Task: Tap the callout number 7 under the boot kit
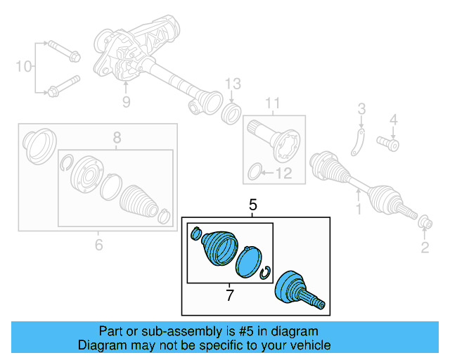pos(229,295)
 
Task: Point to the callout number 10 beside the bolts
pos(24,67)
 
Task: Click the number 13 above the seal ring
pos(233,86)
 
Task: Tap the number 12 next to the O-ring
pos(284,173)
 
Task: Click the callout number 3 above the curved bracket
pos(361,109)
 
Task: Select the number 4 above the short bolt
pos(394,119)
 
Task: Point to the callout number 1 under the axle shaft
pos(359,209)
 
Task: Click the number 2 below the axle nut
pos(424,246)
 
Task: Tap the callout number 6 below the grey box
pos(98,245)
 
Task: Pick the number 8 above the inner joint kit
pos(117,138)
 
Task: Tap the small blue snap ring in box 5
pos(266,273)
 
